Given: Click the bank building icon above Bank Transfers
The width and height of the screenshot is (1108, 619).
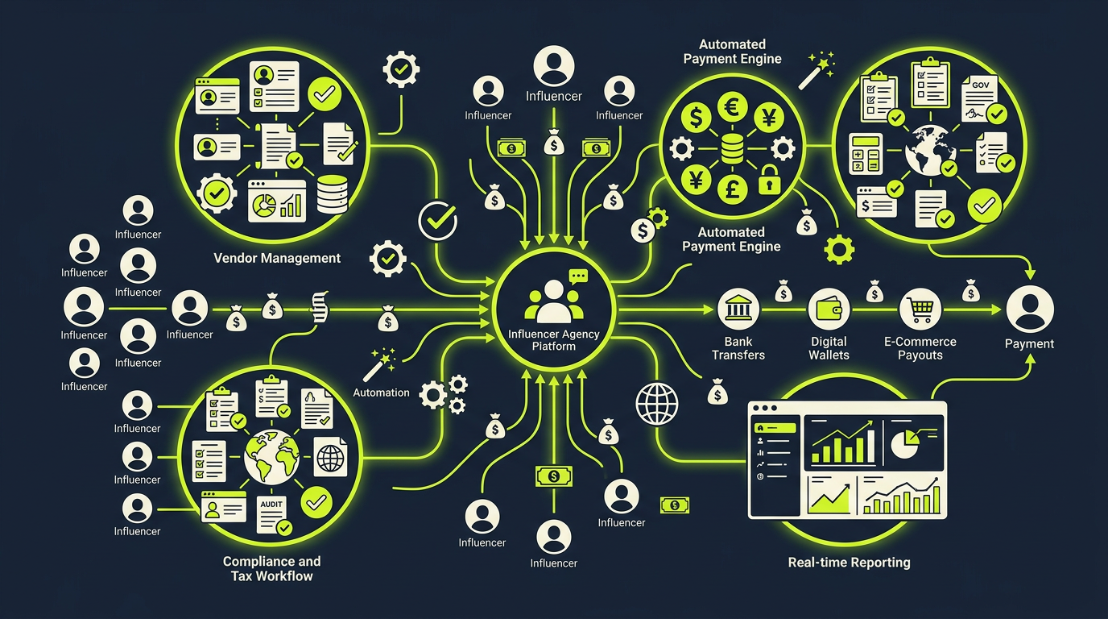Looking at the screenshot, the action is (738, 309).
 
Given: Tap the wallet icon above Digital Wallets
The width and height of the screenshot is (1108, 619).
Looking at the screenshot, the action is (829, 309).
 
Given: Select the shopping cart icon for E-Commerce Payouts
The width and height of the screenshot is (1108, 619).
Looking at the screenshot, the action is (920, 309).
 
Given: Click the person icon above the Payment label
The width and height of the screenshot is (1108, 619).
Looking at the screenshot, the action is (1029, 309).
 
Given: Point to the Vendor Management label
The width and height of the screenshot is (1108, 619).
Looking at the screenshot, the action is (277, 258).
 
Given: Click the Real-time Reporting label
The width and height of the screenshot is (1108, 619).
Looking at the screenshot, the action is (849, 563).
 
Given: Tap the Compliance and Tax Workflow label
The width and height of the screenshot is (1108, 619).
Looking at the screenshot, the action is (271, 568).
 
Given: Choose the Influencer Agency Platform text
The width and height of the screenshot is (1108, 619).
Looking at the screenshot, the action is (553, 340).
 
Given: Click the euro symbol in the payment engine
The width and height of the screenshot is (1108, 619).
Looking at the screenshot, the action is (732, 107).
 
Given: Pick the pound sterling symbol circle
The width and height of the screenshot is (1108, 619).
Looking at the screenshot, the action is (732, 189).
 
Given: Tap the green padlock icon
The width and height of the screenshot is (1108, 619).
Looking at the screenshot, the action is (769, 179).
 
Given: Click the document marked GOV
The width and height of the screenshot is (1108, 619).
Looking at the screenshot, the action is (979, 98).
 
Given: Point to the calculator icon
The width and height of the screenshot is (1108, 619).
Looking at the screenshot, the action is (866, 154).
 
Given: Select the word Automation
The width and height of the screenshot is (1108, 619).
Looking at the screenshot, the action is (381, 393).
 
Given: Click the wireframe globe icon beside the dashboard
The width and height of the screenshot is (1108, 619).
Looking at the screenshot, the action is (657, 404).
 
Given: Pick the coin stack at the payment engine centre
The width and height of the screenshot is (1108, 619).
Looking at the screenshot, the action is (732, 148).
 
